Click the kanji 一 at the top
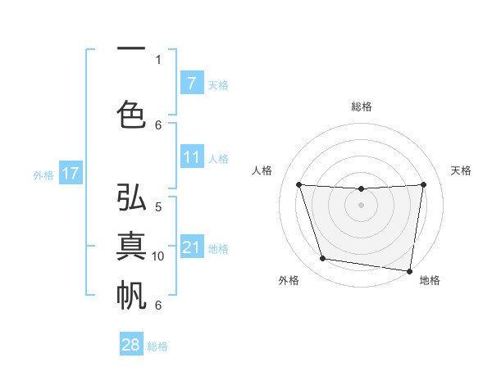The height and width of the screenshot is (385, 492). point(131,50)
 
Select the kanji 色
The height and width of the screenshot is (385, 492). point(131,113)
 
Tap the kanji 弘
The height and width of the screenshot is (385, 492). point(131,199)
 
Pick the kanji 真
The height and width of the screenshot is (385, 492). point(131,246)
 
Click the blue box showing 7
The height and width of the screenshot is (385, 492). point(191,83)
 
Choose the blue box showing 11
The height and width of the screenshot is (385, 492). point(191,157)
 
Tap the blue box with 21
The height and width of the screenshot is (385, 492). point(191,247)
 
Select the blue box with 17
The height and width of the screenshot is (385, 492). point(70,174)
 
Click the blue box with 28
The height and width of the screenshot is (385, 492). point(131,345)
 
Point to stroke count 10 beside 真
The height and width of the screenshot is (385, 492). point(158,256)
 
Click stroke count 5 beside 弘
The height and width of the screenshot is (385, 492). point(158,207)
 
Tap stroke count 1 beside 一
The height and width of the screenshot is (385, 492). point(158,60)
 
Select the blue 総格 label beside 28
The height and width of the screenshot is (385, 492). point(157,346)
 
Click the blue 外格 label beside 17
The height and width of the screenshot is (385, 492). point(43,174)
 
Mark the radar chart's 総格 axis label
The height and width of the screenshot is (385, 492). point(361,106)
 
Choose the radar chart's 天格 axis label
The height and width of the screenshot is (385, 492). point(462,170)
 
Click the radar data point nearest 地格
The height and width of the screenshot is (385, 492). point(410,270)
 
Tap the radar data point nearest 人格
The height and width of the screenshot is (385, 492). point(298,185)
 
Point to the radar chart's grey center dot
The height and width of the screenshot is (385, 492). point(361,205)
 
